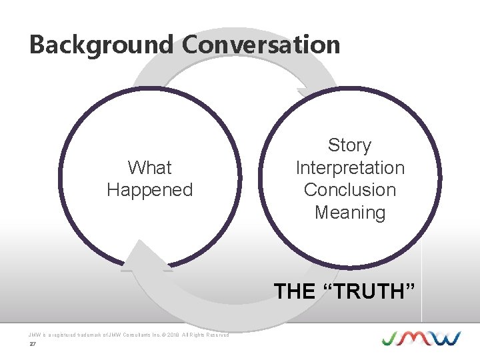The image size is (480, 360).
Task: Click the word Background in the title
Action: coord(100,45)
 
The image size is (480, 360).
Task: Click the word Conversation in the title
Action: coord(261,45)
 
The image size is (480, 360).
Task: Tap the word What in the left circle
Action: coord(149,167)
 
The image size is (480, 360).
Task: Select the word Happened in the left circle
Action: coord(149,190)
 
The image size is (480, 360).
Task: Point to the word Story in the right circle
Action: coord(349,145)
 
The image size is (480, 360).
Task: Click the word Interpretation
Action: coord(350,167)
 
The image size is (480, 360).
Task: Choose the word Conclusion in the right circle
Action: coord(350,190)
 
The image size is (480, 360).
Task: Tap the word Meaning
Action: coord(350,213)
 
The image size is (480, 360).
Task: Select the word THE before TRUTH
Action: coord(295,291)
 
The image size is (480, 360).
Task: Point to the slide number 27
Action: coord(31,345)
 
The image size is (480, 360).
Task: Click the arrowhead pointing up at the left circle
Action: coord(141,257)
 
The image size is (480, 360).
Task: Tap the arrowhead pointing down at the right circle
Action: coord(309,93)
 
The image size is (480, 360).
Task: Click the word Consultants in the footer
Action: coord(130,335)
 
